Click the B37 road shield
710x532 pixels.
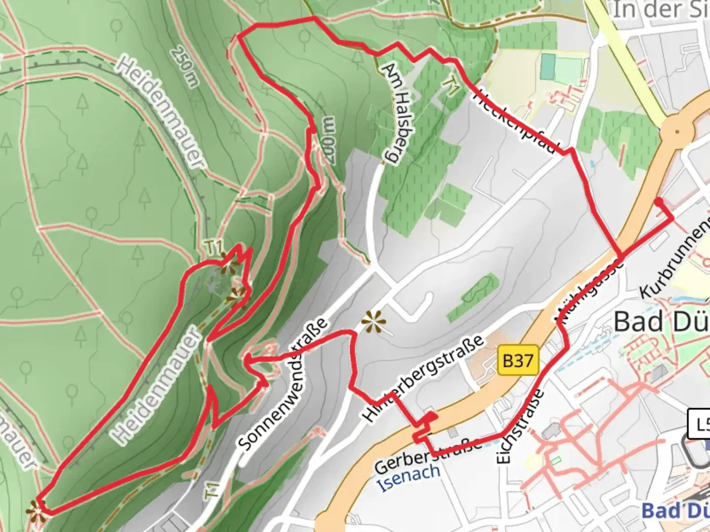point(517,361)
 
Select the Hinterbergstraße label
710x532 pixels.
point(423,378)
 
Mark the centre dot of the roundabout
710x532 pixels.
point(677,132)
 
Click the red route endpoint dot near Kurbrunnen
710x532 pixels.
point(658,200)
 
